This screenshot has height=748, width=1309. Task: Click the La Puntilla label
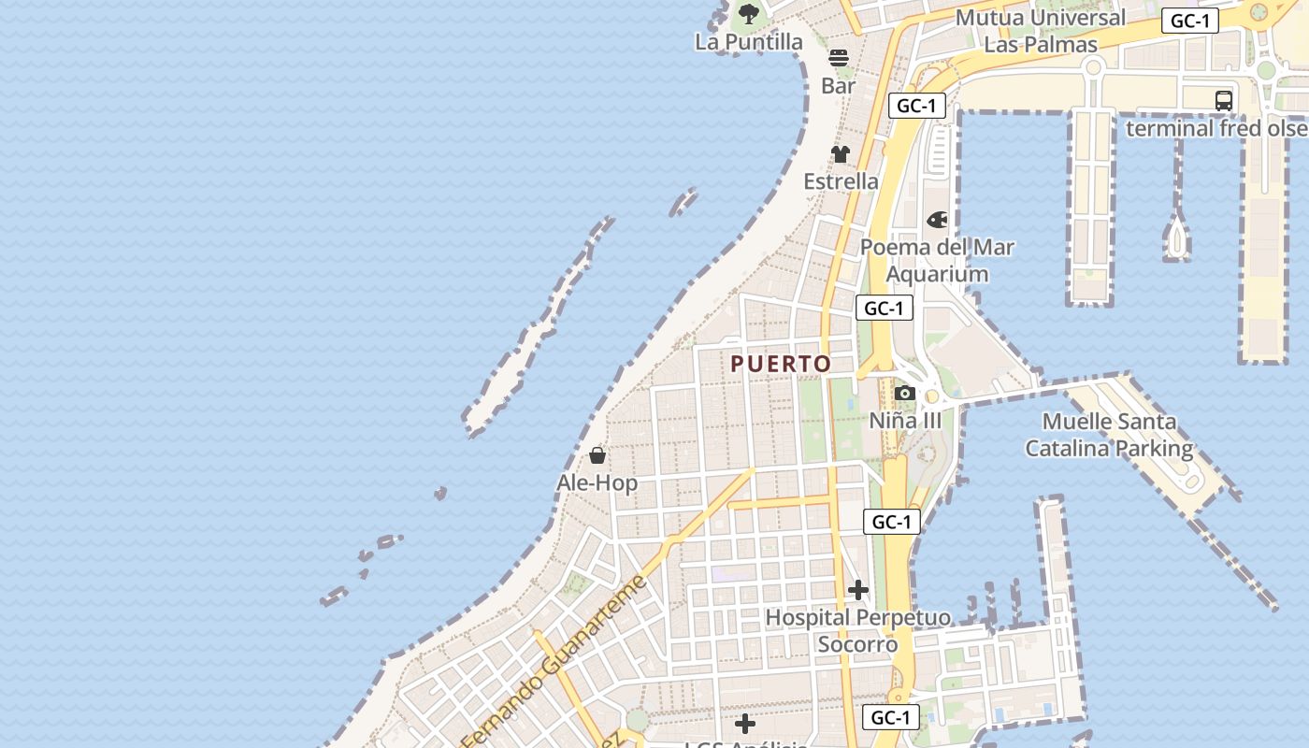pos(749,42)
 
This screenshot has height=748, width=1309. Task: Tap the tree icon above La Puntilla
pos(748,13)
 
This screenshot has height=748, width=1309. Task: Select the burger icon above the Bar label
pos(839,58)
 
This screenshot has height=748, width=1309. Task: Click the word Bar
pos(839,86)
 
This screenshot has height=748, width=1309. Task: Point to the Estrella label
pos(841,181)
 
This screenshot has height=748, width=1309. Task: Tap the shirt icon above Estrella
pos(841,154)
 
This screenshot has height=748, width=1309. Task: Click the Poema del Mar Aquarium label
pos(937,261)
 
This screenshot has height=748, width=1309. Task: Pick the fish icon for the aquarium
pos(937,220)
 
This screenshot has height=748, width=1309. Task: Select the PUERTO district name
pos(781,364)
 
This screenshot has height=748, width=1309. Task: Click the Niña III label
pos(905,421)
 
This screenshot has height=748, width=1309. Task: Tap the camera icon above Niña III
pos(904,394)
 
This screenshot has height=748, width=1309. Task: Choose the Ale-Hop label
pos(597,483)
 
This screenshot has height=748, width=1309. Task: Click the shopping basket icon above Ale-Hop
pos(597,455)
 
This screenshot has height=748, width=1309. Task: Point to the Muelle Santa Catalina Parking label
pos(1109,436)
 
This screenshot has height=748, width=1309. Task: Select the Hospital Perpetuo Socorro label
pos(857,631)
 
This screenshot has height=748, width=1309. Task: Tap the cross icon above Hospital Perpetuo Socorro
pos(857,590)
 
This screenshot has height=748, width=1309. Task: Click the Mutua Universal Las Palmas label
pos(1040,31)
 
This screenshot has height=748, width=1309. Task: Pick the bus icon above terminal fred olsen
pos(1223,100)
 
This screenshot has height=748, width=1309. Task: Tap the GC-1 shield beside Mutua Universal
pos(1189,22)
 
